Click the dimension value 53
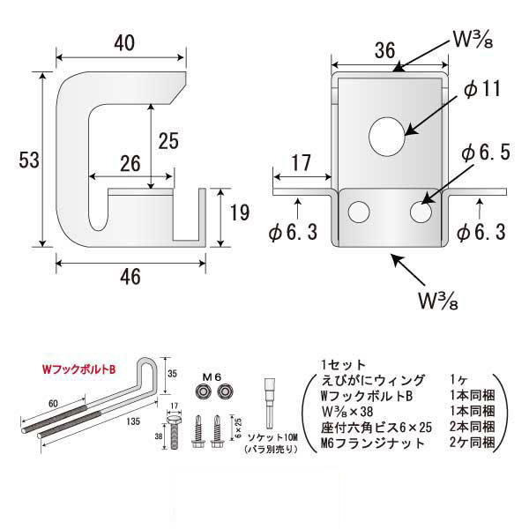click(x=26, y=161)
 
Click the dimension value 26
click(x=130, y=163)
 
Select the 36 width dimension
click(x=384, y=51)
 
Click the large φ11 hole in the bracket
click(x=385, y=136)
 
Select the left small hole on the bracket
click(x=359, y=212)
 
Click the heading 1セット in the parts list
click(x=336, y=363)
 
